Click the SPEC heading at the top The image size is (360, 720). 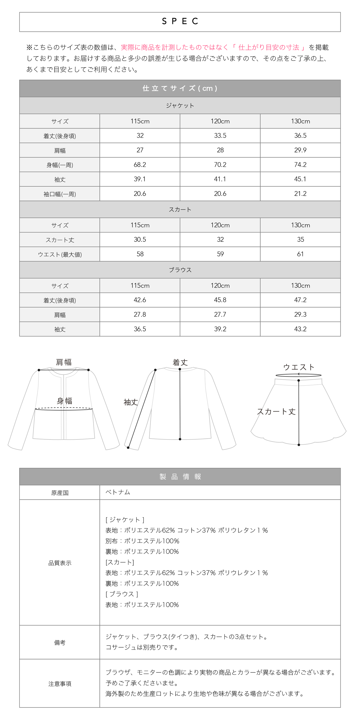180,21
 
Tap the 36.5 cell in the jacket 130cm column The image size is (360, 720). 300,136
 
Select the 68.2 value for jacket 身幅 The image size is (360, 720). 140,165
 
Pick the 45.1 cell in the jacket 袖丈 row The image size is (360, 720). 300,179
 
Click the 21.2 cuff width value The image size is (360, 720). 300,194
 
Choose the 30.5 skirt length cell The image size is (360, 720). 140,240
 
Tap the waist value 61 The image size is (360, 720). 300,254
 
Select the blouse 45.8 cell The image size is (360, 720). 220,300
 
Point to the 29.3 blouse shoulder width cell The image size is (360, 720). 300,314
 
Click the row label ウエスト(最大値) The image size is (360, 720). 60,254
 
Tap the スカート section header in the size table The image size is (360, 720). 180,210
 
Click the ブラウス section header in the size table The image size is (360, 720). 180,270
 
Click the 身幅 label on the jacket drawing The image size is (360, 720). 65,401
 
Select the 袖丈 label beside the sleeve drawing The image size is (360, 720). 131,402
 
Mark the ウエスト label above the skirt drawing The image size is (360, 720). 299,367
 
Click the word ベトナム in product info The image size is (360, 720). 118,492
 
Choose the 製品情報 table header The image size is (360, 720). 180,477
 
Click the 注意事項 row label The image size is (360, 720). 60,684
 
